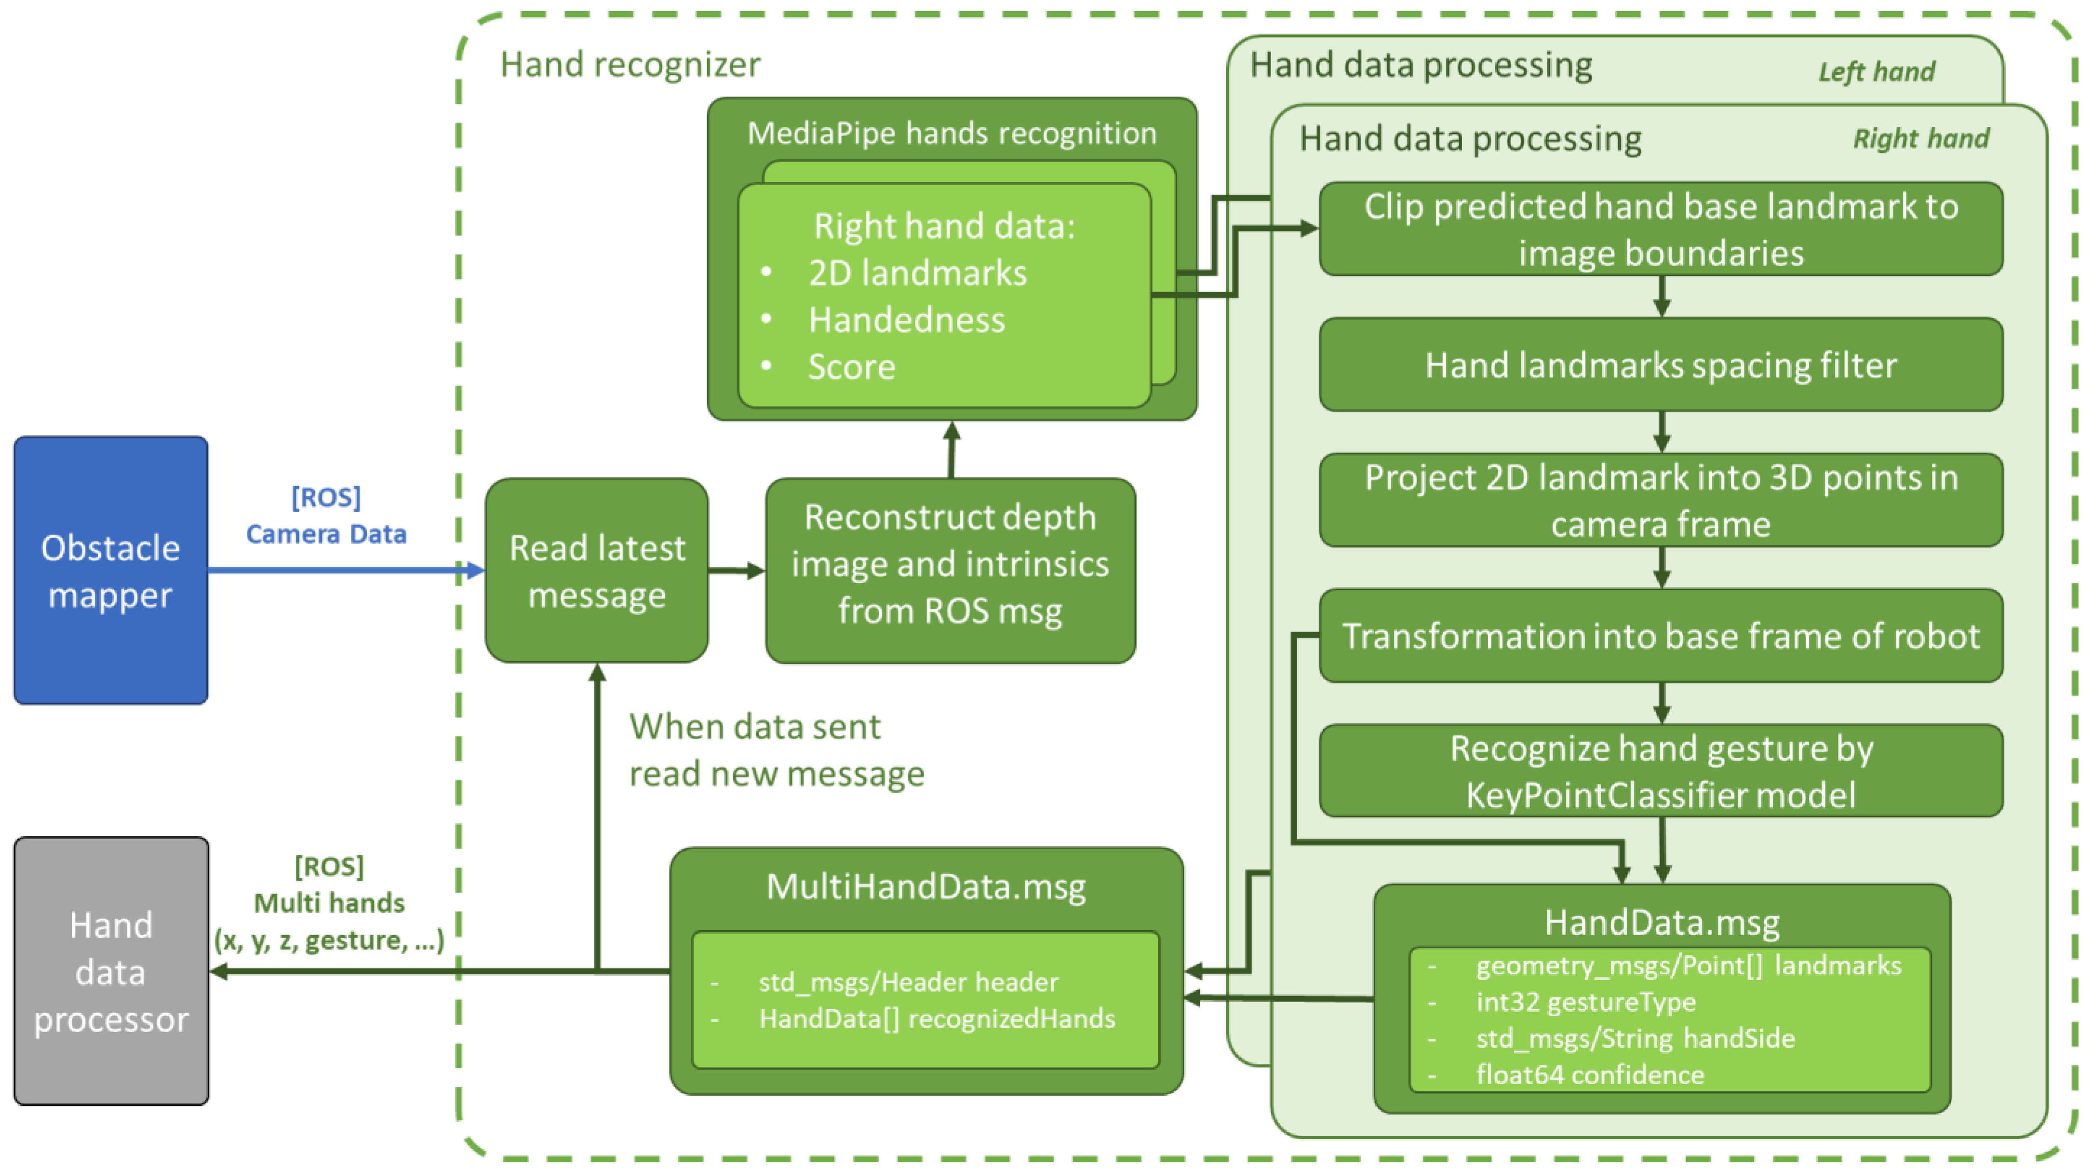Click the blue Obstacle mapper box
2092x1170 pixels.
pos(110,571)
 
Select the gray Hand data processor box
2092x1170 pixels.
pos(110,971)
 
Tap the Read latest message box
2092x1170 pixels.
pos(597,571)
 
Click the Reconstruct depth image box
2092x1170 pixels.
pos(950,571)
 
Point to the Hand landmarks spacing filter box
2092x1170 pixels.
pos(1661,365)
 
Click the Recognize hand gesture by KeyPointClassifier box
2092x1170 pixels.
pos(1661,771)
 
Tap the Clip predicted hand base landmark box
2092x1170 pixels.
pos(1661,229)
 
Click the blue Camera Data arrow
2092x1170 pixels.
pos(341,571)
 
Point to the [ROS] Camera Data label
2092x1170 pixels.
pos(326,515)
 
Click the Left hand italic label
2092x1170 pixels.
pos(1876,71)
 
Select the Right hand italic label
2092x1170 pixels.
pos(1921,138)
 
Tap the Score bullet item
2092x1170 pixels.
pos(851,367)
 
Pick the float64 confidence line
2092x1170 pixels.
pos(1589,1074)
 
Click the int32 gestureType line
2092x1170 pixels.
pos(1585,1002)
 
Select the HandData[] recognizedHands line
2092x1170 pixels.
pos(937,1018)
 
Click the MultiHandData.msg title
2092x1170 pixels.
pos(926,886)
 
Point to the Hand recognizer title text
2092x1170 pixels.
pos(630,64)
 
